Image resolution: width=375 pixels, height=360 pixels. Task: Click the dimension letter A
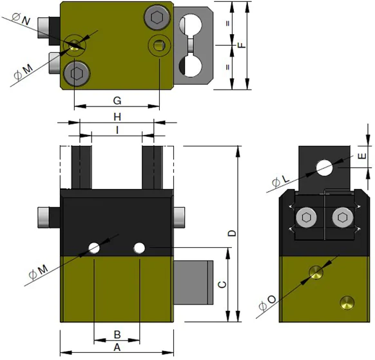click(117, 347)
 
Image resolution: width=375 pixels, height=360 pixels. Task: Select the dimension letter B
click(117, 335)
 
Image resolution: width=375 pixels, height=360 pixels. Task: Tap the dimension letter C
click(222, 285)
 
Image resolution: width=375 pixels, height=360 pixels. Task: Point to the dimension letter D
click(232, 233)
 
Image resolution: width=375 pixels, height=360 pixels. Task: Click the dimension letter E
click(362, 156)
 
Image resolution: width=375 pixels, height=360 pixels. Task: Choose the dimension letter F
click(242, 45)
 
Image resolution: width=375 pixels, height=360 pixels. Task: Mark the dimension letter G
click(117, 101)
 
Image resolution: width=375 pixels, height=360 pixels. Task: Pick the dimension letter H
click(117, 117)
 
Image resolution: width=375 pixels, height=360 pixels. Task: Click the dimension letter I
click(117, 130)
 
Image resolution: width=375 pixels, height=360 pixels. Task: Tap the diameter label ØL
click(281, 181)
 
